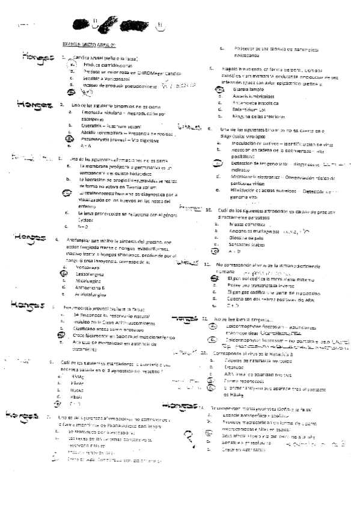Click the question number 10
(206, 210)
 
